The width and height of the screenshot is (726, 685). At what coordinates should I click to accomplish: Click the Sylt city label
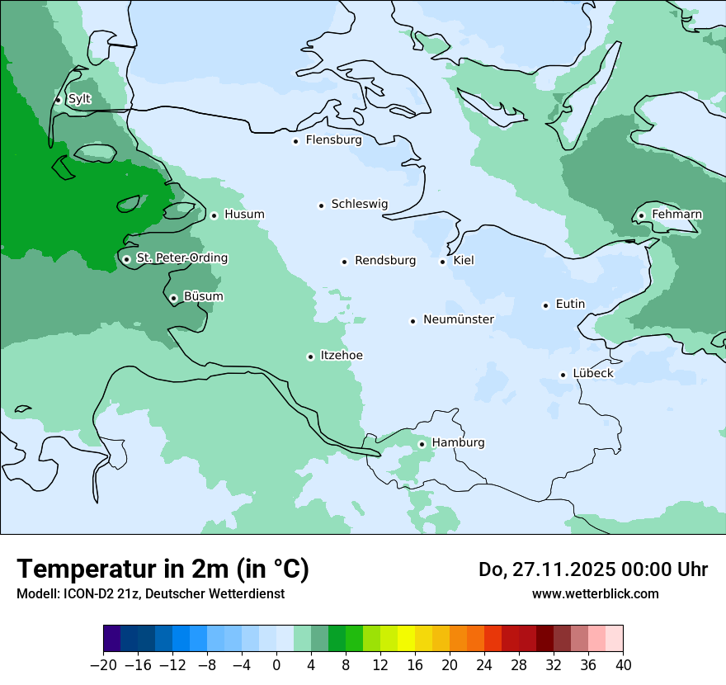pyautogui.click(x=79, y=99)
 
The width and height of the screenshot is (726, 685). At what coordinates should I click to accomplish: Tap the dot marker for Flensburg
pyautogui.click(x=295, y=141)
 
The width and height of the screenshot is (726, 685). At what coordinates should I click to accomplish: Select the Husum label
pyautogui.click(x=244, y=215)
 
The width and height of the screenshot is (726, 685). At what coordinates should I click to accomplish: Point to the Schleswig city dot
pyautogui.click(x=321, y=205)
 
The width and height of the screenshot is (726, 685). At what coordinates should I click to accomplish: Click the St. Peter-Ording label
pyautogui.click(x=181, y=258)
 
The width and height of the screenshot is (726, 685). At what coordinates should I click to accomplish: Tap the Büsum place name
pyautogui.click(x=203, y=296)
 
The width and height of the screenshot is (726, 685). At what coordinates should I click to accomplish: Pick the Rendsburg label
pyautogui.click(x=385, y=261)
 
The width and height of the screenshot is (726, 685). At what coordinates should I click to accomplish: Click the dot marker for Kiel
pyautogui.click(x=443, y=262)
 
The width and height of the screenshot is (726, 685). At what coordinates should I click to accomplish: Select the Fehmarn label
pyautogui.click(x=676, y=215)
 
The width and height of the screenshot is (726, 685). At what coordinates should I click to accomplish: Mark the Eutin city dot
pyautogui.click(x=545, y=305)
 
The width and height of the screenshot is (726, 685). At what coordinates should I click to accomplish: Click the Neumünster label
pyautogui.click(x=459, y=319)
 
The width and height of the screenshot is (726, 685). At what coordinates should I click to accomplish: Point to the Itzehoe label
pyautogui.click(x=342, y=356)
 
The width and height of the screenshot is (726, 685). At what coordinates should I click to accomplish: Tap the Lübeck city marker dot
pyautogui.click(x=563, y=375)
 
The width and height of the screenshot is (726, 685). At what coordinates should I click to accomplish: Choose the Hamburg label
pyautogui.click(x=458, y=443)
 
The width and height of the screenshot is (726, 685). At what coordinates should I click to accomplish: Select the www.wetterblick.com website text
pyautogui.click(x=595, y=593)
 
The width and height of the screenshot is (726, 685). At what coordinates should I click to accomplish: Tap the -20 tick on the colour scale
pyautogui.click(x=104, y=665)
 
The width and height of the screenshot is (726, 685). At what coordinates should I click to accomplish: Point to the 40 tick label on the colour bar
pyautogui.click(x=623, y=665)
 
